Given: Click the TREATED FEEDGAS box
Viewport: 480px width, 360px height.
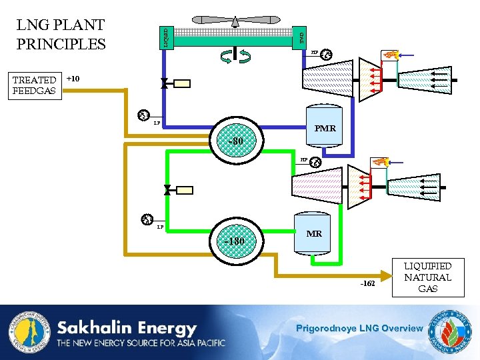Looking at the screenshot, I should pyautogui.click(x=34, y=85).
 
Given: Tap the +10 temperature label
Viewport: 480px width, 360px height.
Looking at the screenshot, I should pyautogui.click(x=73, y=79).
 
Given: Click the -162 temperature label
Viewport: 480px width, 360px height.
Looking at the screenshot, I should pyautogui.click(x=368, y=283).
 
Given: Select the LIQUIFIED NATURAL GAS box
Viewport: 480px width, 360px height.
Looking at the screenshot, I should pyautogui.click(x=427, y=277).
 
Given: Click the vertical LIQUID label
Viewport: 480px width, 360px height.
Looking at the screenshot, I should pyautogui.click(x=166, y=36).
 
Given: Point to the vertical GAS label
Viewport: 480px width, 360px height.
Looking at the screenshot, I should pyautogui.click(x=301, y=37).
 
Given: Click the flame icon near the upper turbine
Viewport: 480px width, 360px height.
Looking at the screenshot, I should pyautogui.click(x=390, y=55).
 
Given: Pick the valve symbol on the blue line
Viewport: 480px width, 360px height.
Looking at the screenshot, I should pyautogui.click(x=163, y=84).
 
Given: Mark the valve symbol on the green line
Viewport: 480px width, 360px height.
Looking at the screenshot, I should pyautogui.click(x=167, y=190).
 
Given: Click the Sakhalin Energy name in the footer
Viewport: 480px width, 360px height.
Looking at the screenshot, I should pyautogui.click(x=127, y=328).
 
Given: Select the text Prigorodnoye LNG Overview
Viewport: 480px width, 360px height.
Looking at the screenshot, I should pyautogui.click(x=359, y=328).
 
